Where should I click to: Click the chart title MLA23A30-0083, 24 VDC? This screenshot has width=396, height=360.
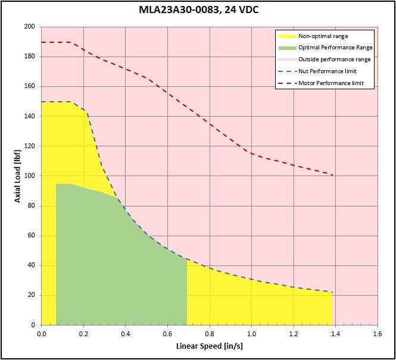pyautogui.click(x=198, y=11)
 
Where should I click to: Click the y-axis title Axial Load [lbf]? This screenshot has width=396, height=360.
pyautogui.click(x=17, y=176)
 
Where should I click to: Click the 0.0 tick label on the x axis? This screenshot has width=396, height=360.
pyautogui.click(x=42, y=333)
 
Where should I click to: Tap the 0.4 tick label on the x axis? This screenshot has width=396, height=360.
pyautogui.click(x=126, y=333)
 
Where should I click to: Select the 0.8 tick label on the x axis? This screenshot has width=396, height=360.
pyautogui.click(x=210, y=333)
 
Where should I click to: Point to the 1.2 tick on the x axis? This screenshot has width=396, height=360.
pyautogui.click(x=294, y=333)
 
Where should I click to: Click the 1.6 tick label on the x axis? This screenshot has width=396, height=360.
pyautogui.click(x=378, y=333)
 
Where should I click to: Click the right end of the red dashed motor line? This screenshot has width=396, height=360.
pyautogui.click(x=332, y=175)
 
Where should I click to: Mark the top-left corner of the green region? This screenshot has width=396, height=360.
pyautogui.click(x=56, y=184)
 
